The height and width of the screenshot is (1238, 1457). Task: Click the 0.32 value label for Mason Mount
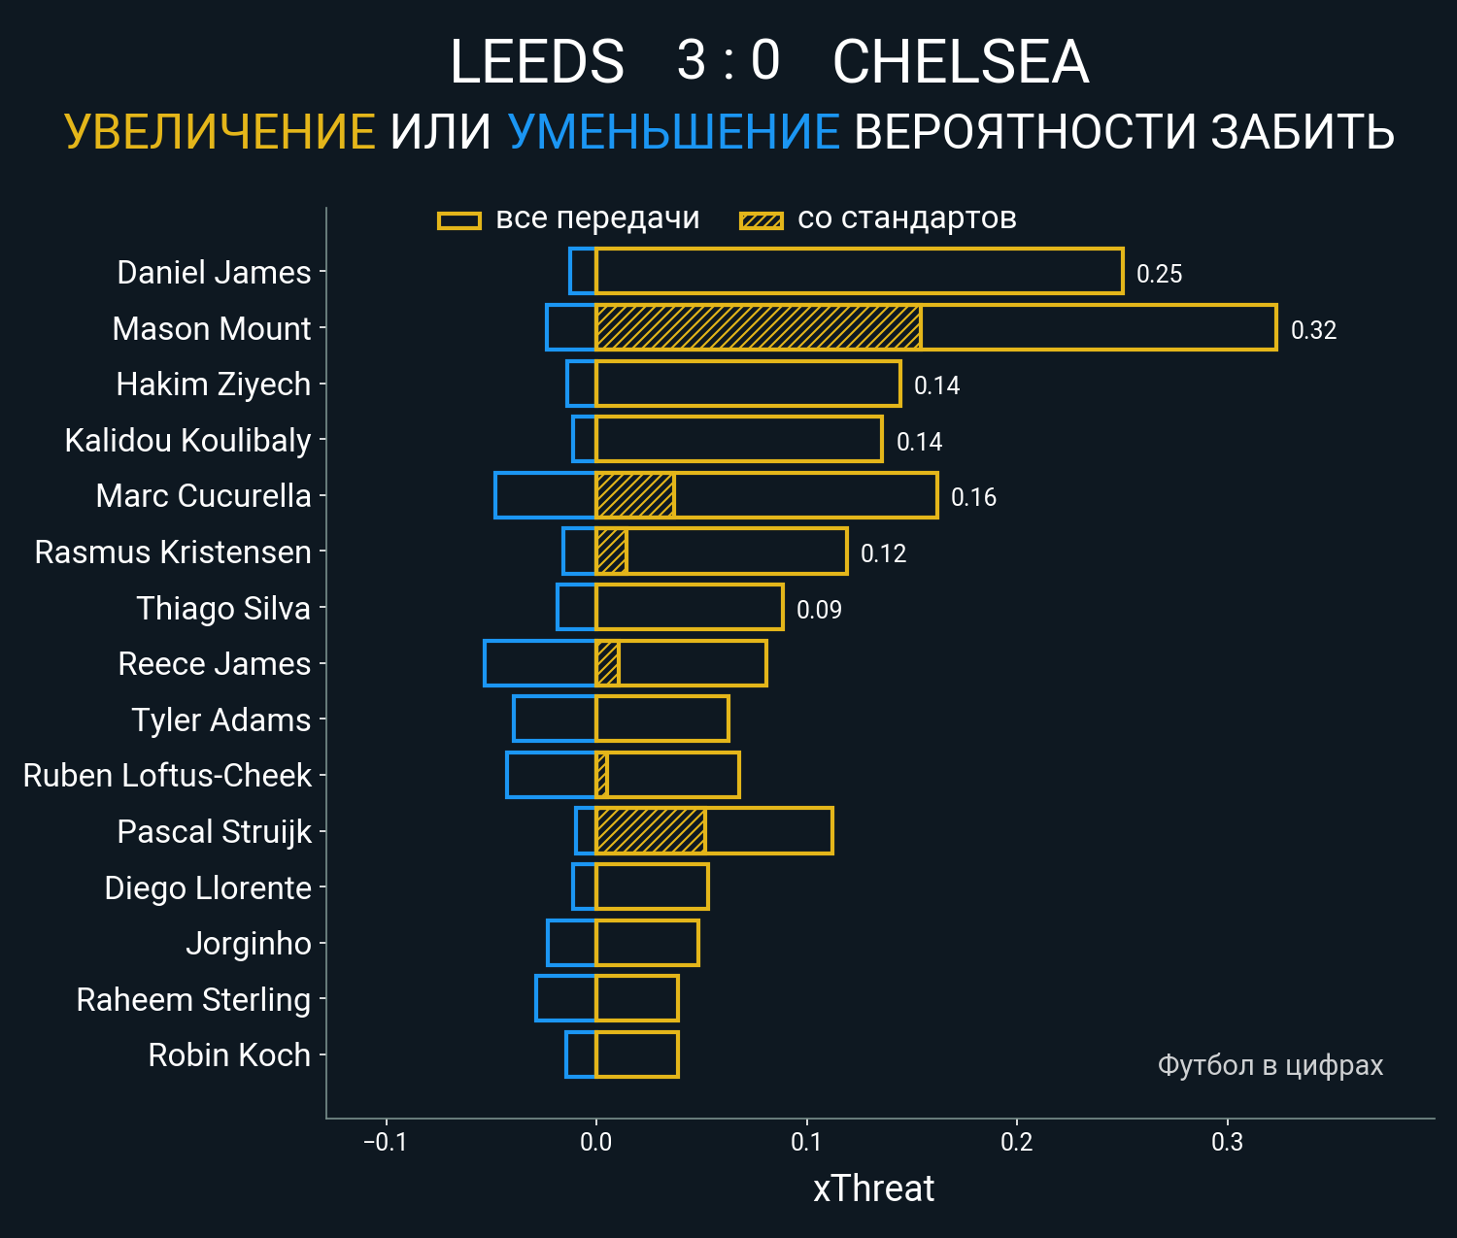(x=1313, y=330)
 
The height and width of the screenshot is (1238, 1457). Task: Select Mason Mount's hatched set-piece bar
(x=758, y=327)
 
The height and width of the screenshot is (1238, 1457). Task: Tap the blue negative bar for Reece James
(x=539, y=663)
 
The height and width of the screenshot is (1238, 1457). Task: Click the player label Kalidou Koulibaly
(x=187, y=441)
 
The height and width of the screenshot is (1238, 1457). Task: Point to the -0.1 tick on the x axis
(x=386, y=1142)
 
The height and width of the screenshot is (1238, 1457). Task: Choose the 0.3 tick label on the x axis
(x=1227, y=1142)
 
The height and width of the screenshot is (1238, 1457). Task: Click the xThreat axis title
(x=873, y=1188)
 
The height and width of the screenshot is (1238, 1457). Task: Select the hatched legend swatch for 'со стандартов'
(x=761, y=220)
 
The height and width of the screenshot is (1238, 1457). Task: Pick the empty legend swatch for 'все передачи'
(x=458, y=220)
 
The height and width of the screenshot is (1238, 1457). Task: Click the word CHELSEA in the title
(x=960, y=62)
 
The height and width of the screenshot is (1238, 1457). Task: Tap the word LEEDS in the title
(x=537, y=62)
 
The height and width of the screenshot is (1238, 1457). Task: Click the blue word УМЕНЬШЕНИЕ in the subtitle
(x=673, y=132)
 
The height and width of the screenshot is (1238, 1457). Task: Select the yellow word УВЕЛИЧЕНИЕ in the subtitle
(x=220, y=132)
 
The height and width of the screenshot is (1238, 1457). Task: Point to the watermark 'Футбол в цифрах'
(x=1270, y=1065)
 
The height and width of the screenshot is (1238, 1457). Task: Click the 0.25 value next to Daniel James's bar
(x=1159, y=274)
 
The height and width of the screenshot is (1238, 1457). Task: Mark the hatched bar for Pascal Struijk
(x=650, y=831)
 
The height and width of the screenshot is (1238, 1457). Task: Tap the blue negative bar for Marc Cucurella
(x=544, y=495)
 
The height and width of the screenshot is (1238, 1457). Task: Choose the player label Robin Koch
(x=229, y=1055)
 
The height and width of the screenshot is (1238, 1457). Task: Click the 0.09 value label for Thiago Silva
(x=819, y=610)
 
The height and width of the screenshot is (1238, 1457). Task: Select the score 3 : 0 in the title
(x=728, y=60)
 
